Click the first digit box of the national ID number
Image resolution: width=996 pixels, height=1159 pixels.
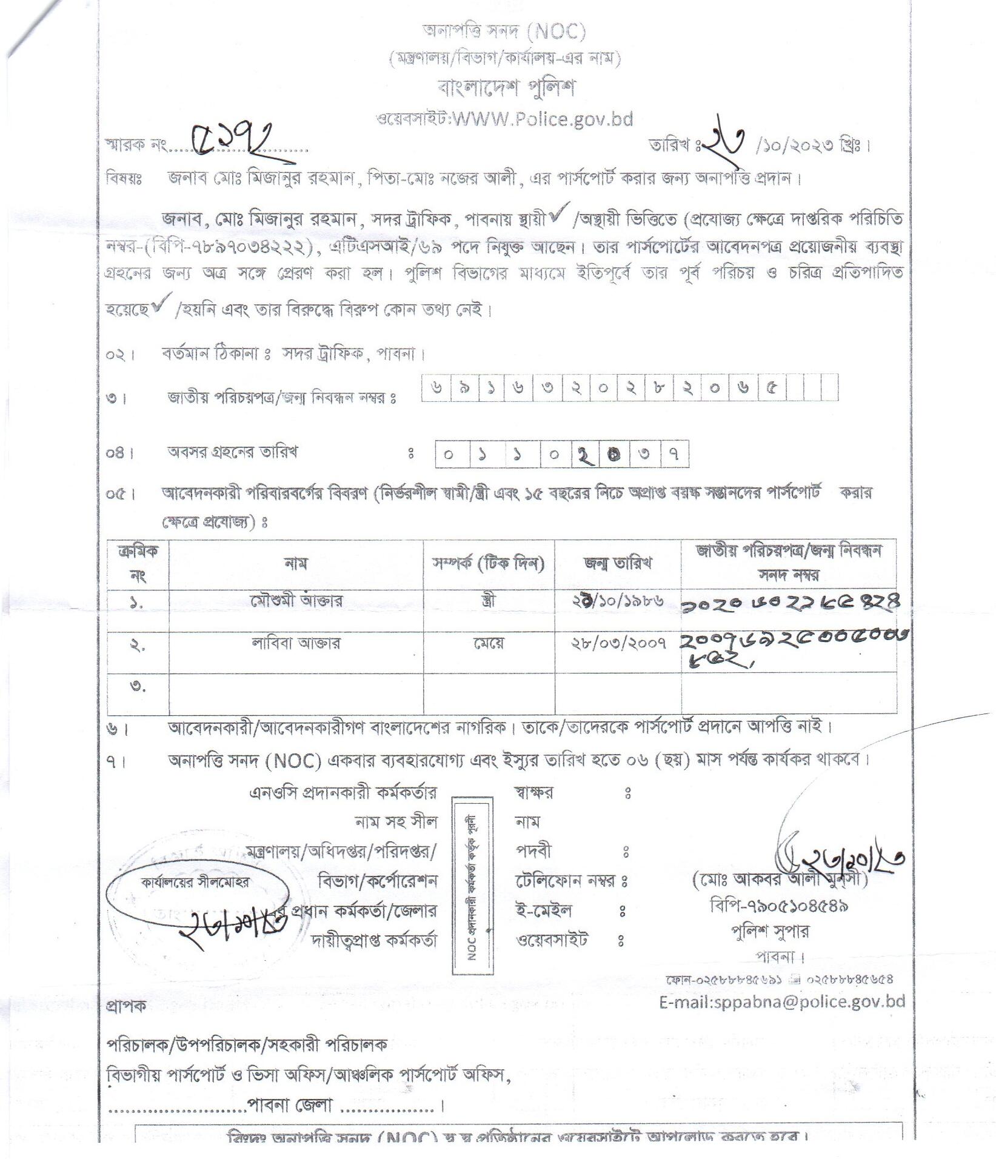[x=436, y=387]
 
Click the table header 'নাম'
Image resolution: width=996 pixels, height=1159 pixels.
[x=295, y=564]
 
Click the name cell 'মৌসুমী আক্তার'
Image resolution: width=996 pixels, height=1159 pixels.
[x=296, y=601]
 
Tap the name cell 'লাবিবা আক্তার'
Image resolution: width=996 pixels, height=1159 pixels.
[x=296, y=643]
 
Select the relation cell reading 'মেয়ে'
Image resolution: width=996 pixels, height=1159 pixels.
[x=489, y=643]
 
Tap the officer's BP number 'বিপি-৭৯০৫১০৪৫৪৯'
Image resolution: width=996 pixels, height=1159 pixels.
[x=778, y=906]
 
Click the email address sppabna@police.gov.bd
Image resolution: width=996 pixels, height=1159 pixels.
[x=782, y=1001]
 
